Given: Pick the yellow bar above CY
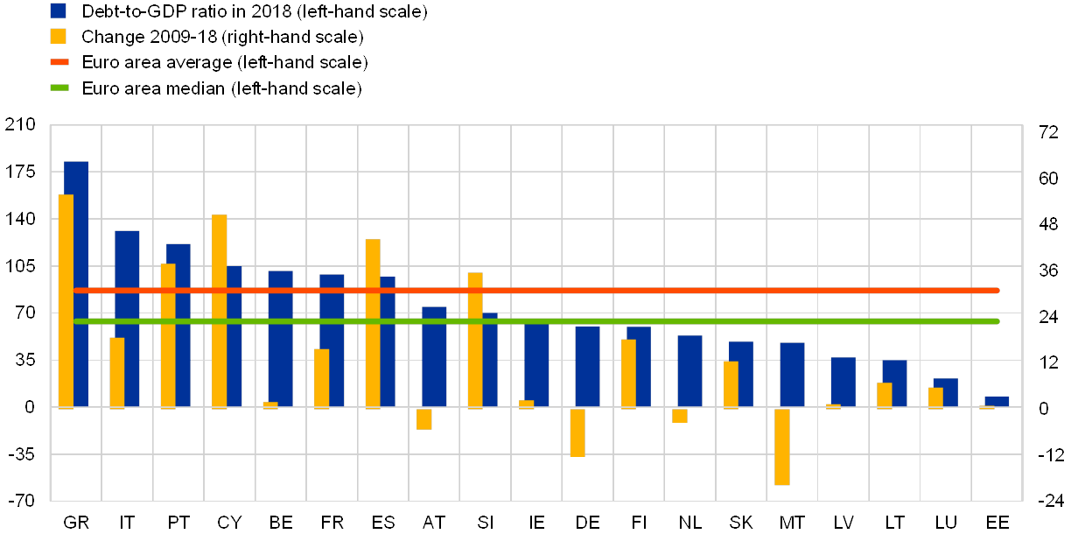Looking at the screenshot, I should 219,311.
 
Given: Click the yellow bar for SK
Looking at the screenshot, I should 731,384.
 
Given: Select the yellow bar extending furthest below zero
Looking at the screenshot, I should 781,446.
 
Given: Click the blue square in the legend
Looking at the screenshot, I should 59,11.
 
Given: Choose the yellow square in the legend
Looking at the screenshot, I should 59,37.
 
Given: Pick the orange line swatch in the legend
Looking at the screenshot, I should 59,62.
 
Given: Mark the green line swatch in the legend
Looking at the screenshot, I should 59,88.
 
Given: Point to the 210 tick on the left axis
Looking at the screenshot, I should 19,125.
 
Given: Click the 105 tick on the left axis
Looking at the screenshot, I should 19,266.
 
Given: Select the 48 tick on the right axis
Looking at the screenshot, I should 1048,224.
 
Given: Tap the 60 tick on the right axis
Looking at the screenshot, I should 1048,178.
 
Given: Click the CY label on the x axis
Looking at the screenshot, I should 229,523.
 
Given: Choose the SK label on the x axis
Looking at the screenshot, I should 741,523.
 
